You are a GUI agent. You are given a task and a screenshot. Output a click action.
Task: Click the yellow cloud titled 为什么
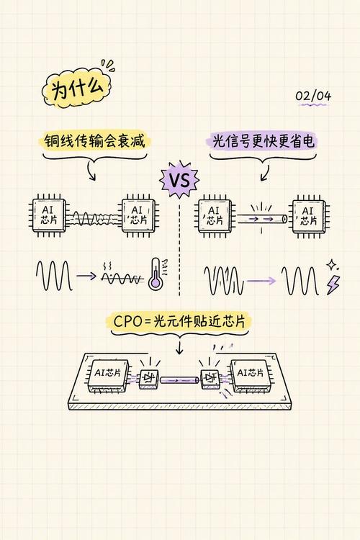coord(77,89)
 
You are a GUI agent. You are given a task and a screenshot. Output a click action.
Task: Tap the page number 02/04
coord(313,96)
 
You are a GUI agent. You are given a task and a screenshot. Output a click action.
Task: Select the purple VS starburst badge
coord(179,179)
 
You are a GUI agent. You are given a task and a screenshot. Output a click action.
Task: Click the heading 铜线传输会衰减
coord(94,141)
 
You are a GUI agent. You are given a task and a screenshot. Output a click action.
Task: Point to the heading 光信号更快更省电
coord(264,142)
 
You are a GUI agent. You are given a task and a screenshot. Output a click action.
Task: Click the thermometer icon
coord(156,274)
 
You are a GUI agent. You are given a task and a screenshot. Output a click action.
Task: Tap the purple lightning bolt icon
coord(333,285)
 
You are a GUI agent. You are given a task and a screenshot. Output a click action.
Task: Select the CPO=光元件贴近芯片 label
coord(179,322)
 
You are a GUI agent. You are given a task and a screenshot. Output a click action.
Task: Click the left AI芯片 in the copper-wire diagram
coord(48,215)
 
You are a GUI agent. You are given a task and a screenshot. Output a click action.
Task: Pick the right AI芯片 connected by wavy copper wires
coord(138,215)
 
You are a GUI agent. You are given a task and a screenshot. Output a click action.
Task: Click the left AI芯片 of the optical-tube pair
coord(215,216)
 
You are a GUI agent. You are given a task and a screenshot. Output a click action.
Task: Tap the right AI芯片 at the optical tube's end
coord(308,216)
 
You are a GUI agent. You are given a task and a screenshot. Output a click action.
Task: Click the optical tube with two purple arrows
coord(261,219)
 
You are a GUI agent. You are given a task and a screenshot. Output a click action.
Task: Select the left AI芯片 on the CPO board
coord(108,375)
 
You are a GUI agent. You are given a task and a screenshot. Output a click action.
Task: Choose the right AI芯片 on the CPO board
coord(251,375)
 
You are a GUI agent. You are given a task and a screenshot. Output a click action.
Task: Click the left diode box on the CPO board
coord(149,379)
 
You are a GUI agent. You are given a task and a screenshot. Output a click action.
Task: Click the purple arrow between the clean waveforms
coord(261,281)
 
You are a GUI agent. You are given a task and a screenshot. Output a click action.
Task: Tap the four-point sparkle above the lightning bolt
coord(332,265)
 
